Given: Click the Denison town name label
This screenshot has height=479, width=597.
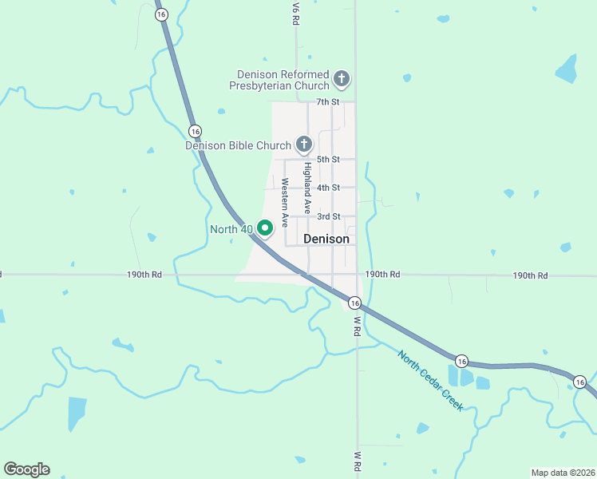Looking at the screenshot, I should pos(326,239).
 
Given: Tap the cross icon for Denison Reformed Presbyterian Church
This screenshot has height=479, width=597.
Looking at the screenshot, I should pos(342,78).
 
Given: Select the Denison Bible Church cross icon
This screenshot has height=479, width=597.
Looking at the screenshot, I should pos(304,144).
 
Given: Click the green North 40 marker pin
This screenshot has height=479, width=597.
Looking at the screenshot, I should pos(265,228).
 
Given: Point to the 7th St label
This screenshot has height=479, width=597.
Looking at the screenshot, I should pos(328,102).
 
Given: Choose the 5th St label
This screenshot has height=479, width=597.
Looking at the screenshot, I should pos(328,160).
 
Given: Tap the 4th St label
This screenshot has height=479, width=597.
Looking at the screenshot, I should pos(328,188).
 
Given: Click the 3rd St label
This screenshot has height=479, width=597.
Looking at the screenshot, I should pos(328,216).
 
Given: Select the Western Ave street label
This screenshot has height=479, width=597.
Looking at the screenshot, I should pos(284,202).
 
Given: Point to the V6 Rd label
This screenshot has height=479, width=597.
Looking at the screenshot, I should pos(295,14).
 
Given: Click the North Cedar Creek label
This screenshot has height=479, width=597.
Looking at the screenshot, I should pos(430,381).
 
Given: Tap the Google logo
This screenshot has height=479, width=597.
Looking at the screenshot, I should pos(26,469).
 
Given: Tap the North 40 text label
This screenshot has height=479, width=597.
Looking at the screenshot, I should pos(231,229).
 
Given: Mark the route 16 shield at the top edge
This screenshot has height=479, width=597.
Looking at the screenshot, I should pos(162,14).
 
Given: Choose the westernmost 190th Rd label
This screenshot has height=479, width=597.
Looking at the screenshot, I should pos(144,275).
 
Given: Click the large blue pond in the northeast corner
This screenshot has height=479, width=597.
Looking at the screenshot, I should pos(566,69).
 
